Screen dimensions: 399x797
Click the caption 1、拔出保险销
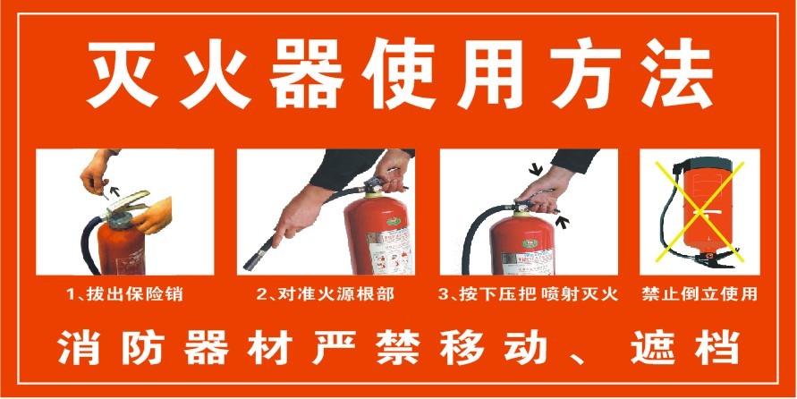pos(124,293)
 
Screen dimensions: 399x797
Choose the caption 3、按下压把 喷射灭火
pos(529,293)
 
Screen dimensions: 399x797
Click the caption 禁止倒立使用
pos(699,293)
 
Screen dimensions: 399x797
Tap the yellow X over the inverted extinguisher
pos(699,211)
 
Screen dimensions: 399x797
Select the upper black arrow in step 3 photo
pos(538,168)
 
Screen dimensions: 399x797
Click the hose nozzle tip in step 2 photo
pos(248,264)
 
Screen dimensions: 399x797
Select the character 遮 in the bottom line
pos(651,347)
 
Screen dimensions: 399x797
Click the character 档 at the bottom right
pos(716,347)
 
